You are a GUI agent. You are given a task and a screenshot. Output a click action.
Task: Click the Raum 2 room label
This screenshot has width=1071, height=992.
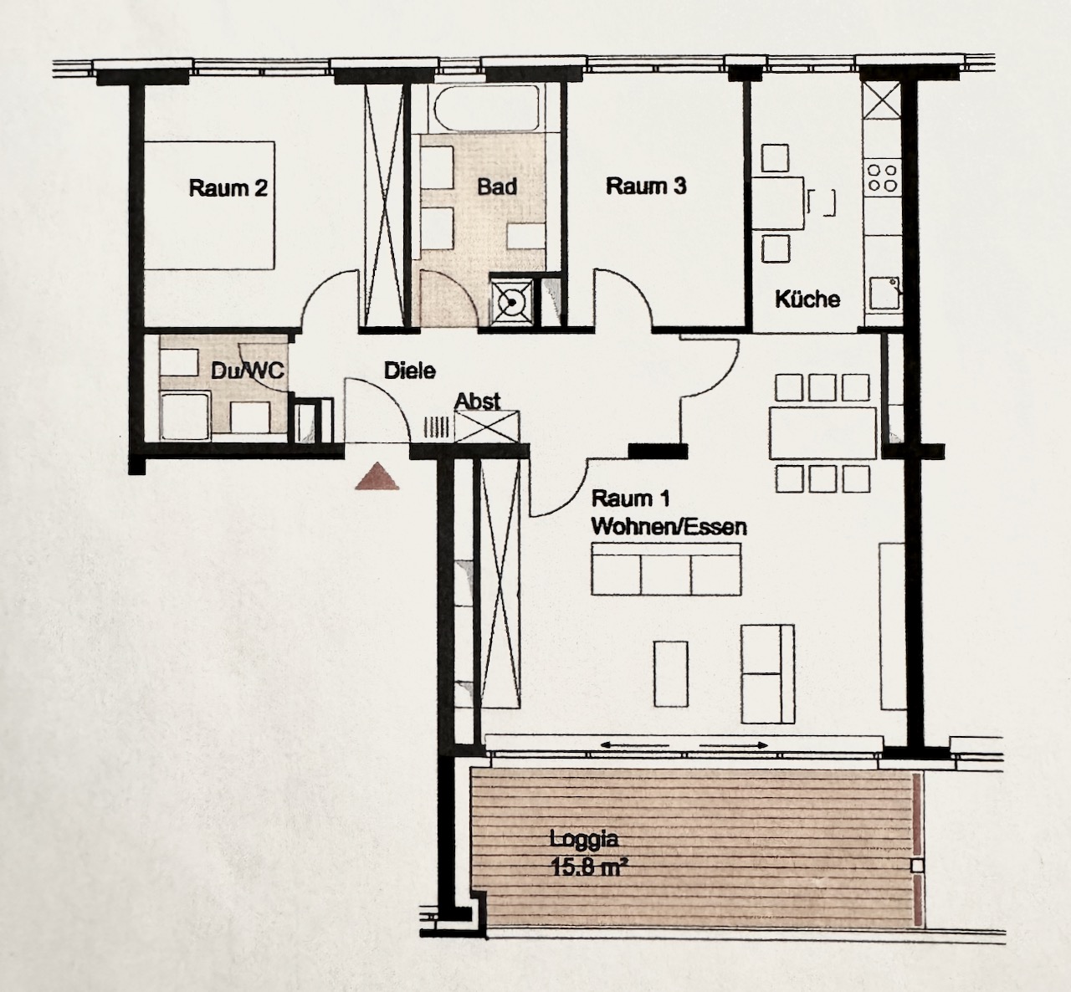pos(228,188)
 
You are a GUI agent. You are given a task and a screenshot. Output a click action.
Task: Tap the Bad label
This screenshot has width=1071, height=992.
pos(497,187)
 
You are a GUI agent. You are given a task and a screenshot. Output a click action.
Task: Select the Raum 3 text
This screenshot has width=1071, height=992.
pos(646,186)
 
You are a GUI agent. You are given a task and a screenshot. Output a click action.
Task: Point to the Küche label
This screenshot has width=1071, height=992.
pos(807,299)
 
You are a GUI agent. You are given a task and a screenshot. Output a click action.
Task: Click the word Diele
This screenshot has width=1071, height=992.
pos(410,371)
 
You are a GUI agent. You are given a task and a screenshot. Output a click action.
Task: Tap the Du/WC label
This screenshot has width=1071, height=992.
pos(248,371)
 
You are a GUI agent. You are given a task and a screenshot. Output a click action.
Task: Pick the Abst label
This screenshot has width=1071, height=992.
pos(477,401)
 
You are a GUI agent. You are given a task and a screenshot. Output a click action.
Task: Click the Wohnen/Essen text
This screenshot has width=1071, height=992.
pos(669,527)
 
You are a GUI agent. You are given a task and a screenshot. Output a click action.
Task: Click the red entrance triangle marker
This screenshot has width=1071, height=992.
pos(377,477)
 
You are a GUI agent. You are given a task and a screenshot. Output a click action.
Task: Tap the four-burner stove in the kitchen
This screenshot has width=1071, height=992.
pos(882,177)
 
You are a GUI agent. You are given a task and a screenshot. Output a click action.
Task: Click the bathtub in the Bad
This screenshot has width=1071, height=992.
pos(487,110)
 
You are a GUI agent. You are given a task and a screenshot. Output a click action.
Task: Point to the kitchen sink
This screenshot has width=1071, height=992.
pos(885,294)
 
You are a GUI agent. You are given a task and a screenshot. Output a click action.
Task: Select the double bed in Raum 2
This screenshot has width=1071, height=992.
pos(209,206)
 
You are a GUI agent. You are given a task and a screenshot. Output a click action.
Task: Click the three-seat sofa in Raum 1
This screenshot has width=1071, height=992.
pos(666,569)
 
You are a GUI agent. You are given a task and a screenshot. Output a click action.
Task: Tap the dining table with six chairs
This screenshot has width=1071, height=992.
pos(823,433)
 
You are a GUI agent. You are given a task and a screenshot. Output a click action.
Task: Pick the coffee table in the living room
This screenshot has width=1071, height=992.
pos(671,674)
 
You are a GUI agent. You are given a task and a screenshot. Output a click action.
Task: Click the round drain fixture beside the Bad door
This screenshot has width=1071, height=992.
pos(511,304)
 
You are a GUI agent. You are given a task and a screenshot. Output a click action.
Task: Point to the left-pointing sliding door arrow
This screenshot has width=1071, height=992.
pos(635,745)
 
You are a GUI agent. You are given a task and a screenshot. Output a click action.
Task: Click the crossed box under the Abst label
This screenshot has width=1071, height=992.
pos(487,427)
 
